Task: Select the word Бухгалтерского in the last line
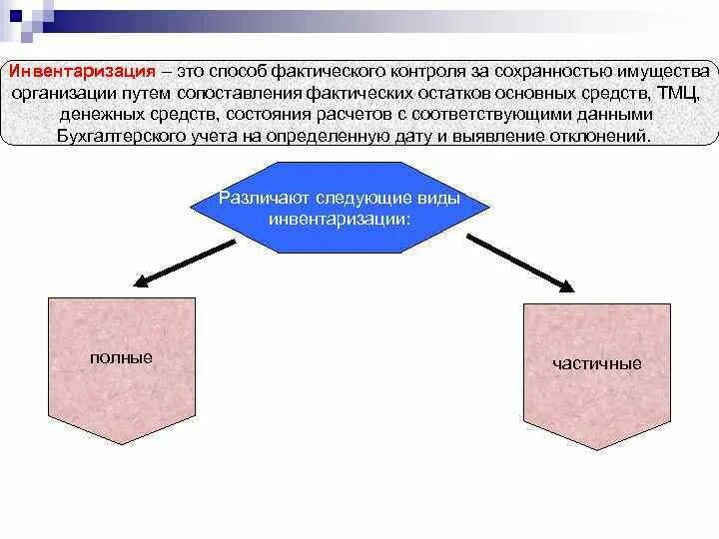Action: pos(111,136)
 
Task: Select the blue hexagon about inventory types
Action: pos(340,208)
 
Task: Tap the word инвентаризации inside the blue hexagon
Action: pos(340,218)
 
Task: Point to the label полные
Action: pos(121,356)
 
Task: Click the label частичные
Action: pos(596,363)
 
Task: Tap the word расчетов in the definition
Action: pos(376,115)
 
